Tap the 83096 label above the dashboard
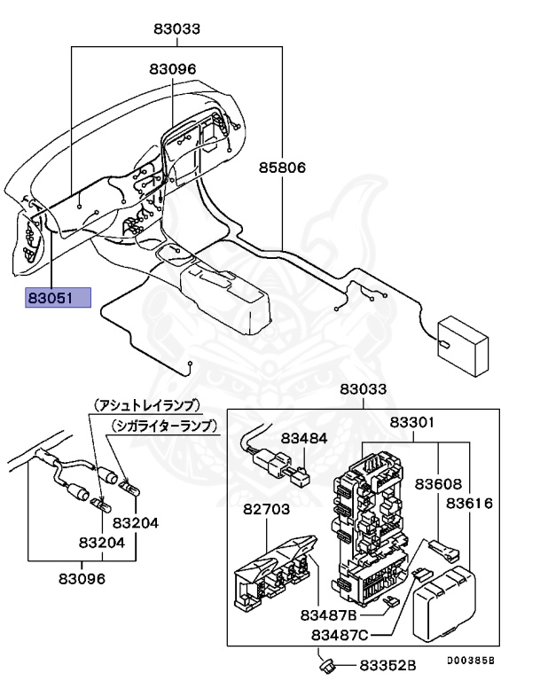tap(172, 68)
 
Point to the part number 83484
tap(304, 438)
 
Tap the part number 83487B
tap(327, 614)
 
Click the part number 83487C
tap(340, 635)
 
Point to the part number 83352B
tap(387, 665)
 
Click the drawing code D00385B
tap(469, 661)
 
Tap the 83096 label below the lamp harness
tap(82, 578)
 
